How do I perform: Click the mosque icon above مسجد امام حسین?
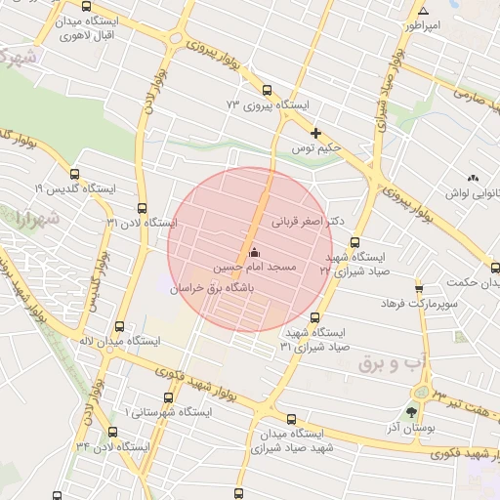coord(255,253)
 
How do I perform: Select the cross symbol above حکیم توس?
coord(314,133)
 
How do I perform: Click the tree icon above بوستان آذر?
coord(411,410)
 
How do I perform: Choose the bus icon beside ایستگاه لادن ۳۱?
coord(143,208)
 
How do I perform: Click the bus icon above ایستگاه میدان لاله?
coord(119,327)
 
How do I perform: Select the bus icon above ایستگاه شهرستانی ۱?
coord(169,397)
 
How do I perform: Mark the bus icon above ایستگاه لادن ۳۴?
coord(112,431)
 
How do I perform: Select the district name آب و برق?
coord(388,364)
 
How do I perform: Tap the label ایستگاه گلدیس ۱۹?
coord(75,187)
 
